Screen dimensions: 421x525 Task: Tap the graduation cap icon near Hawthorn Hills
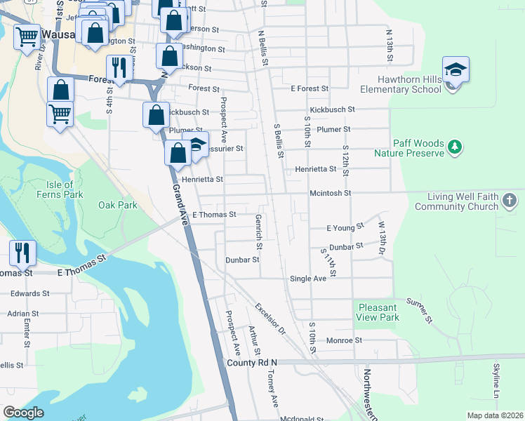(x=456, y=69)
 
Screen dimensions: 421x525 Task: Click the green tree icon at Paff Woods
(x=456, y=146)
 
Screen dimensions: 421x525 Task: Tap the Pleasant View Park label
(x=378, y=312)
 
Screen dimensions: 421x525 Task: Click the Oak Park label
(x=118, y=205)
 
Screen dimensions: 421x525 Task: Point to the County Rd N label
(x=252, y=362)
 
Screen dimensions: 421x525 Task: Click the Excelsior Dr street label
(x=270, y=318)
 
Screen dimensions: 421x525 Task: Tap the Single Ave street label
(x=309, y=279)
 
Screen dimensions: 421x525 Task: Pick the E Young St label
(x=346, y=227)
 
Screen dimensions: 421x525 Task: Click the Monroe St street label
(x=344, y=340)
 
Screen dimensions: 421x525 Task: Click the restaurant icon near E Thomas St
(x=23, y=251)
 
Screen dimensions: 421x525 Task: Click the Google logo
(x=23, y=412)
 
